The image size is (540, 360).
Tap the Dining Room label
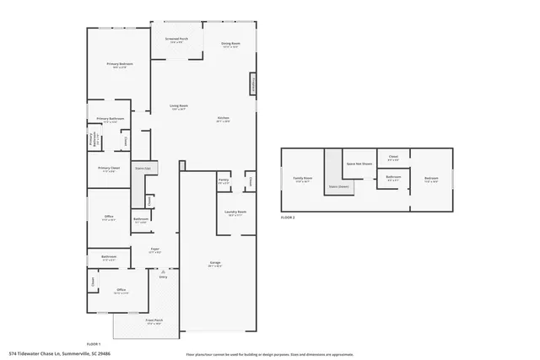click(x=231, y=44)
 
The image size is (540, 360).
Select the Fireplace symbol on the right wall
click(x=251, y=84)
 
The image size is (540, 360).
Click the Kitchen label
click(x=223, y=118)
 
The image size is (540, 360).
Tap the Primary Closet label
click(x=109, y=169)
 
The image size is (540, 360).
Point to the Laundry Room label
click(x=234, y=212)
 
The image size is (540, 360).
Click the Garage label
click(x=215, y=264)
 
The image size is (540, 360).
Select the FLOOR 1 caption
click(x=94, y=344)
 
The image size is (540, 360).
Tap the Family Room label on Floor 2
click(x=302, y=179)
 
